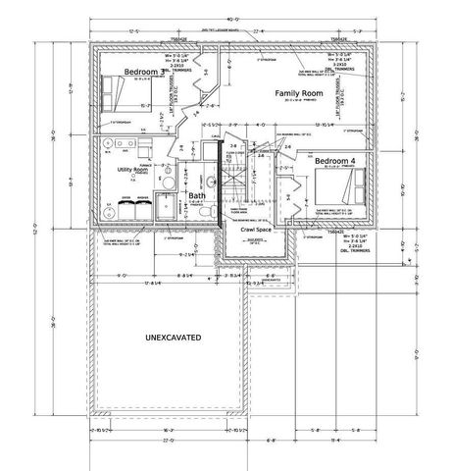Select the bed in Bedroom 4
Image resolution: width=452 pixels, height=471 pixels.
click(x=349, y=181)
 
